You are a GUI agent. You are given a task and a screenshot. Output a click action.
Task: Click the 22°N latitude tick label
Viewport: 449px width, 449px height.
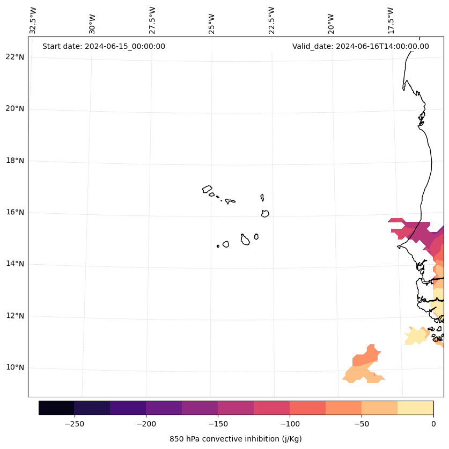(x=15, y=57)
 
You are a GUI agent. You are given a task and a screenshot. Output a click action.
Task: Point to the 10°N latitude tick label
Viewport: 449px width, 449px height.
(x=15, y=368)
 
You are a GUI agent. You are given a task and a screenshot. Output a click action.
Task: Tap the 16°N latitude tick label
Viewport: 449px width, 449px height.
(x=15, y=212)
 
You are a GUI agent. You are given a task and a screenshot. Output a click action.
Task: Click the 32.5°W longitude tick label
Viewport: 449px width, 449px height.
(x=33, y=20)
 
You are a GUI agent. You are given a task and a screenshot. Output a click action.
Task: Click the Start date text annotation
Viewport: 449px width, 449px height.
(x=104, y=46)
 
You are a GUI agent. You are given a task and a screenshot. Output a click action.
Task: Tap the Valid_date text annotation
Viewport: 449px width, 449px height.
(x=360, y=46)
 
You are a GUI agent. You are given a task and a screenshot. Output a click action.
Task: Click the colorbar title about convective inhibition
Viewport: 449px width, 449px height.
(x=235, y=439)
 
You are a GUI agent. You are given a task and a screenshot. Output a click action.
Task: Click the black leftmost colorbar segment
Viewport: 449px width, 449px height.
(x=56, y=408)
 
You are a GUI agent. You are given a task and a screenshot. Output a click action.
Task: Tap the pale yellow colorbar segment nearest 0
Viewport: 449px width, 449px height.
(x=415, y=408)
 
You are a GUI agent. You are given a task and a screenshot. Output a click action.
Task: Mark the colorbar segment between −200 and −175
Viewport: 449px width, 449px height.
(x=164, y=408)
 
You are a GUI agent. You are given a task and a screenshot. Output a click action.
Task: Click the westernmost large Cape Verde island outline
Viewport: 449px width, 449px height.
(x=207, y=189)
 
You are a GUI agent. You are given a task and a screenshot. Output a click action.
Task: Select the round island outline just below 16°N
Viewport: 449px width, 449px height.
(x=265, y=213)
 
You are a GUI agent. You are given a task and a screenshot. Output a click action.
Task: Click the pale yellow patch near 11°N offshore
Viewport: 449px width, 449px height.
(x=416, y=337)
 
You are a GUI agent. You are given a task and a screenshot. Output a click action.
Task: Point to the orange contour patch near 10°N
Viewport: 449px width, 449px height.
(x=365, y=360)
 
